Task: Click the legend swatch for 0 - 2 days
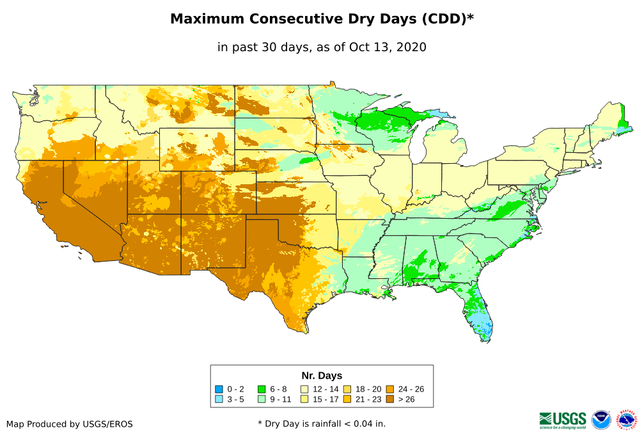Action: tap(219, 389)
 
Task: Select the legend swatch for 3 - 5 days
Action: tap(219, 399)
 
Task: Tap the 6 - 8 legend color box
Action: tap(262, 389)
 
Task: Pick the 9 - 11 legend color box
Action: tap(262, 399)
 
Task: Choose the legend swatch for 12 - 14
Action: tap(304, 389)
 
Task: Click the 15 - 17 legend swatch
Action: tap(304, 399)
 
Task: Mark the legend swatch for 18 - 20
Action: tap(347, 389)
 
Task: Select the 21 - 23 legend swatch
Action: tap(347, 399)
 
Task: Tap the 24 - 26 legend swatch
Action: tap(390, 389)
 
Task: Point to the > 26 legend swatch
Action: tap(390, 399)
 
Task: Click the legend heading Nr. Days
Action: tap(322, 375)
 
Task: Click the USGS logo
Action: tap(563, 420)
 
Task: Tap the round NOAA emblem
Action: tap(601, 420)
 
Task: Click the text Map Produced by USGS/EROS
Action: tap(70, 424)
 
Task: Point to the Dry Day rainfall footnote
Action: tap(322, 423)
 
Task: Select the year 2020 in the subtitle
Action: tap(412, 47)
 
